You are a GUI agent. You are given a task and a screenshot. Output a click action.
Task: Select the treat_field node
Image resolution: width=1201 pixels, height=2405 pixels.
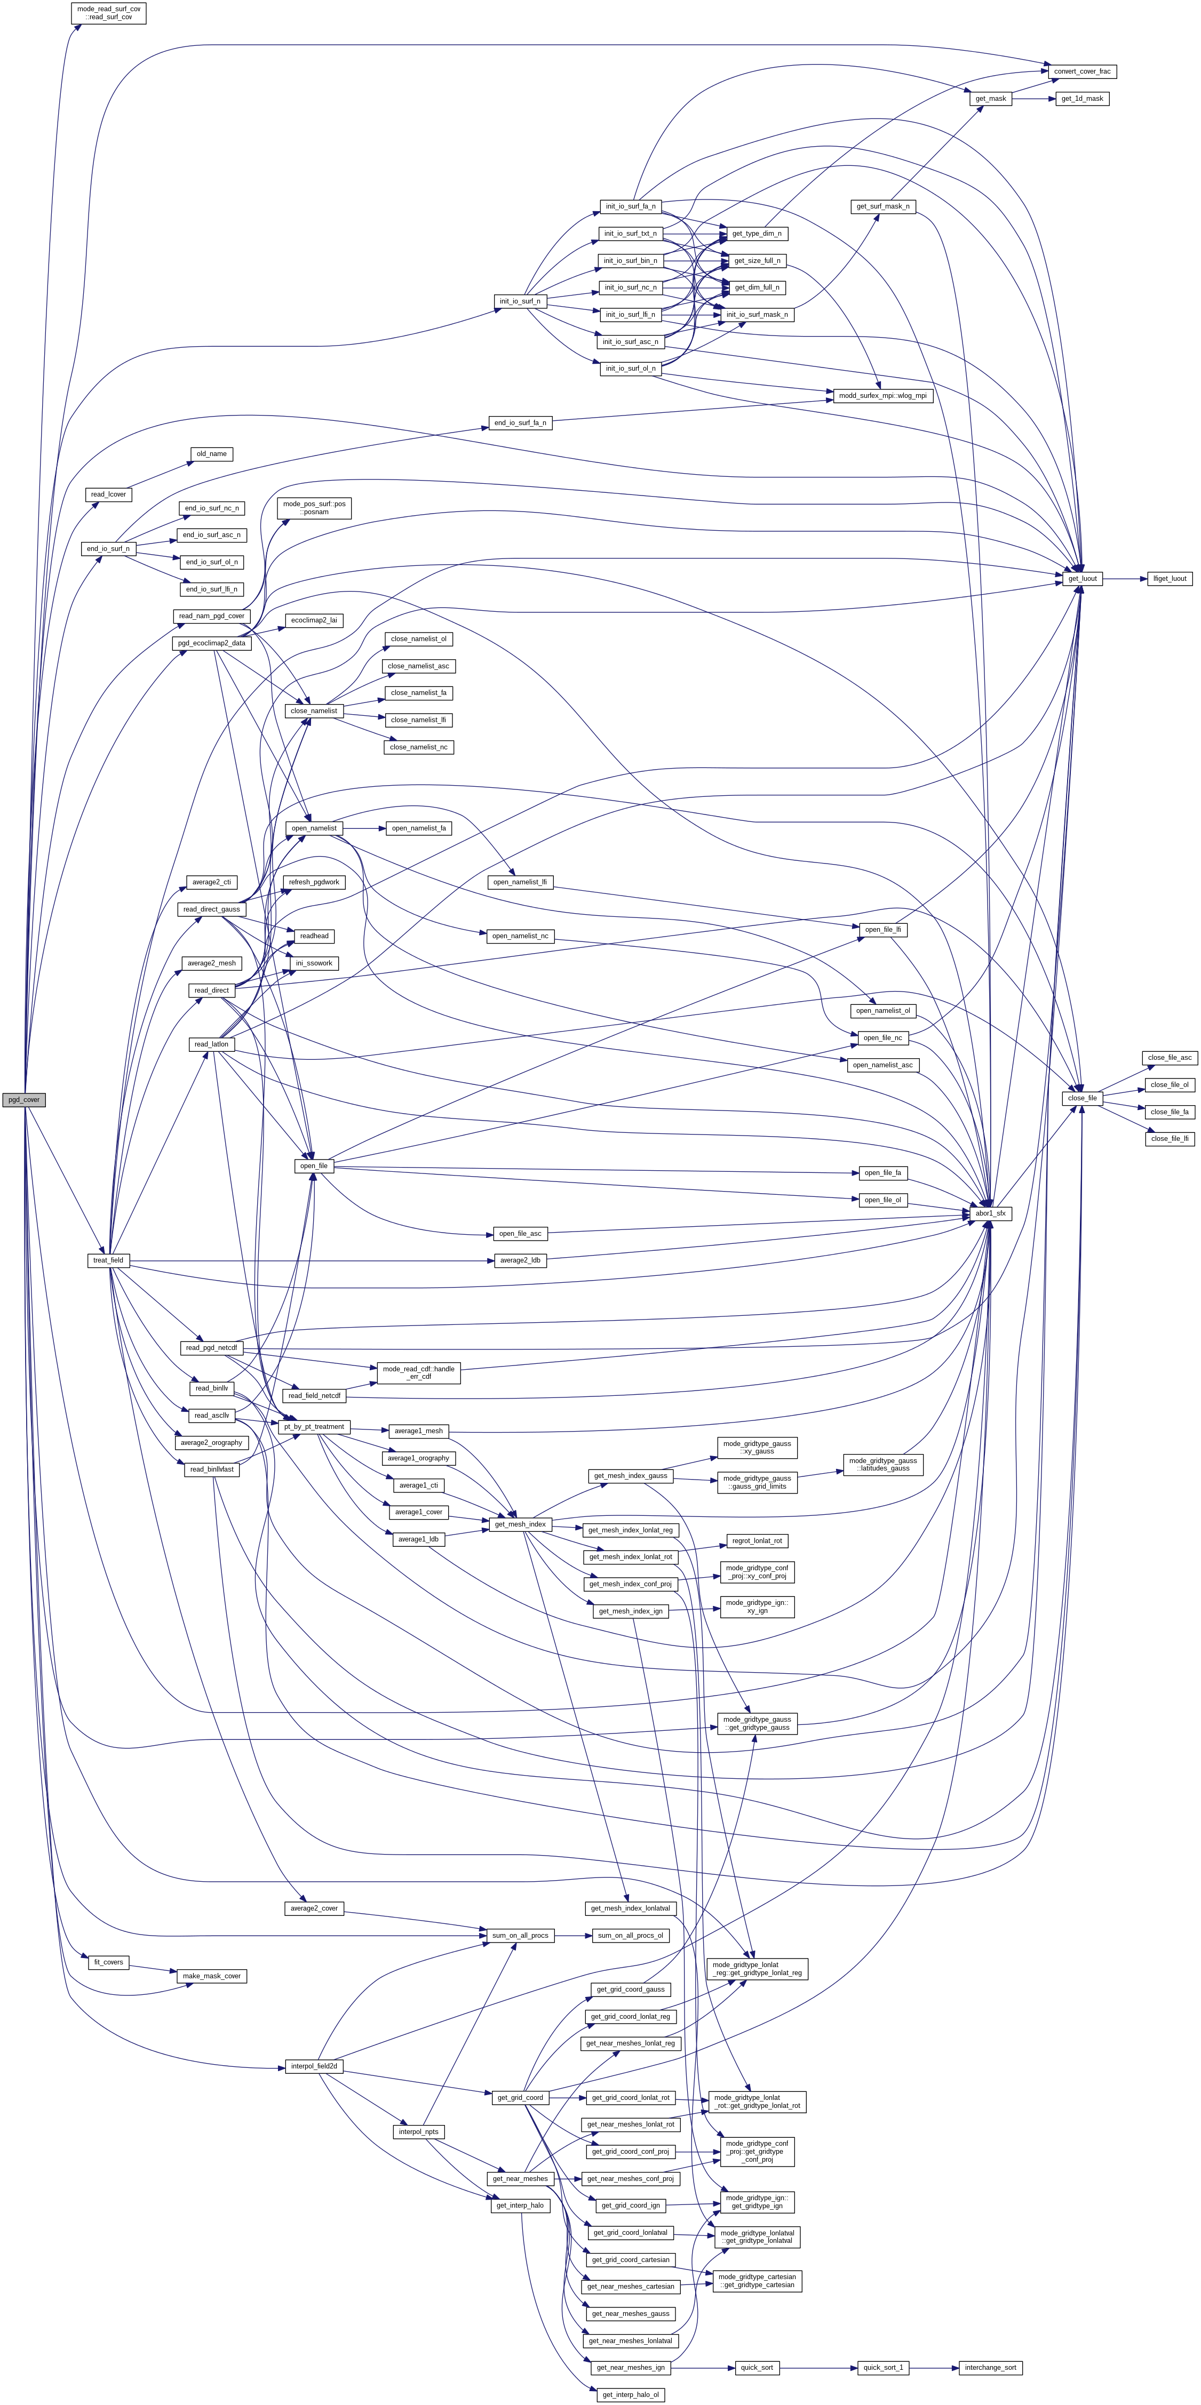pos(107,1260)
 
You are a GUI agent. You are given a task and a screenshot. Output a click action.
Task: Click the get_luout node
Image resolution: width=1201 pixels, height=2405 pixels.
pos(1083,579)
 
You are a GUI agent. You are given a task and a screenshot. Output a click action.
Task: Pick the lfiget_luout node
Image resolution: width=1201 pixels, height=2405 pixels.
pos(1169,579)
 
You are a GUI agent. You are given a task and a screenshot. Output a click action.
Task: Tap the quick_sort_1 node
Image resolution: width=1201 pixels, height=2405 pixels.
pos(882,2368)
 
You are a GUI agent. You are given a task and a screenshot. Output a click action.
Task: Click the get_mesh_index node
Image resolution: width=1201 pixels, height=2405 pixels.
pos(520,1524)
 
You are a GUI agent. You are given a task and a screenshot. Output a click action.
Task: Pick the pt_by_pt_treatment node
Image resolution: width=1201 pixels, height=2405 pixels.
pos(316,1427)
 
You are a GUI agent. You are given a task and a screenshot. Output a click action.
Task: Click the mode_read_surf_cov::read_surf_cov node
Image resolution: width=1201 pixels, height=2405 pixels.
pos(109,13)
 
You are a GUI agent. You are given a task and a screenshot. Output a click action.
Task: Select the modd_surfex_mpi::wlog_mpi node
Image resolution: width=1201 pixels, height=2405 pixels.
pos(882,396)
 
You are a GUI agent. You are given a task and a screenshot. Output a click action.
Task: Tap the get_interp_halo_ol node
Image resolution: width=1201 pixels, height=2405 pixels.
pos(631,2395)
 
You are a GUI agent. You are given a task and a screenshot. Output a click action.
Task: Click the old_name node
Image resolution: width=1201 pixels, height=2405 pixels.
pos(211,454)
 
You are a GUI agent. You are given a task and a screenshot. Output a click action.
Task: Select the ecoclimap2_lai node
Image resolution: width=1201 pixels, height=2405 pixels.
pos(315,620)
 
